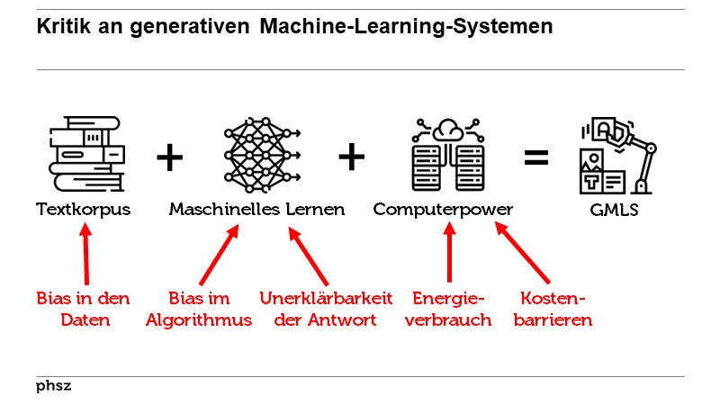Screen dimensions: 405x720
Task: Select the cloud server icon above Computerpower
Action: pyautogui.click(x=446, y=155)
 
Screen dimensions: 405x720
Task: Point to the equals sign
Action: pyautogui.click(x=535, y=158)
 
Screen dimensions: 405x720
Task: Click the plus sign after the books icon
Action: pyautogui.click(x=169, y=158)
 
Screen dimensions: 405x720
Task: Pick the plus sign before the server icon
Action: pyautogui.click(x=351, y=158)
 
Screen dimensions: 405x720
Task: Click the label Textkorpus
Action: pyautogui.click(x=84, y=210)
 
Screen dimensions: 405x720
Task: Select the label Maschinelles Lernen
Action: pyautogui.click(x=256, y=210)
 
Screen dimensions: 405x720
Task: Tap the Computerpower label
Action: pyautogui.click(x=444, y=210)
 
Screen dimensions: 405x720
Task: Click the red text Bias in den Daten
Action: pyautogui.click(x=84, y=309)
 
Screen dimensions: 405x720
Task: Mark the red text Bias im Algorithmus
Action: pyautogui.click(x=199, y=309)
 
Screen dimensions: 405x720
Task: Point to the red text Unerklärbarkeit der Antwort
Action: pyautogui.click(x=319, y=309)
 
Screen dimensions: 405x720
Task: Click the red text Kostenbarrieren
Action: pyautogui.click(x=553, y=309)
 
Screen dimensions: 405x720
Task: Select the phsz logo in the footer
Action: pyautogui.click(x=53, y=386)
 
